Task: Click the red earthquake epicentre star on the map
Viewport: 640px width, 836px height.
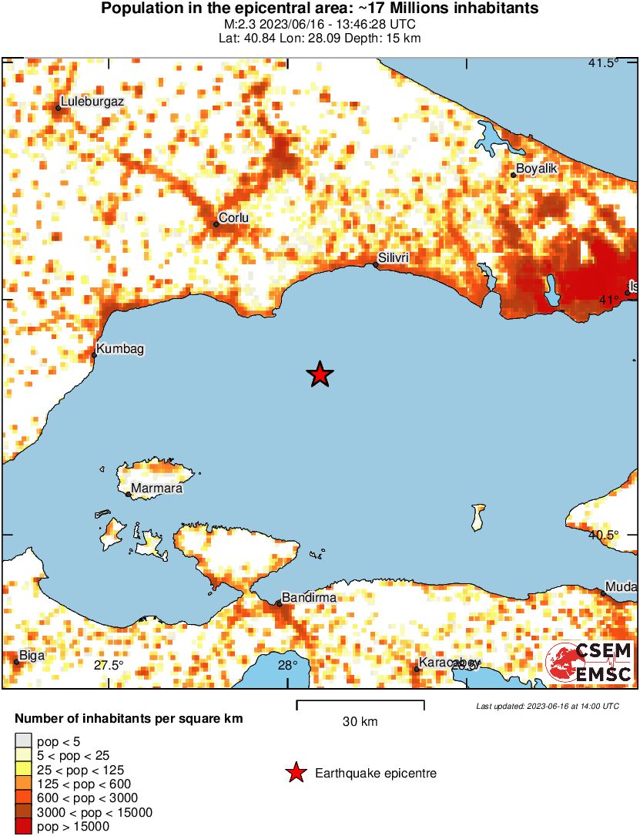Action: tap(320, 375)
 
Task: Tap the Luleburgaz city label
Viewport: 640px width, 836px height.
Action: tap(92, 101)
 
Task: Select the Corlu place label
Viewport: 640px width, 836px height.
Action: tap(233, 218)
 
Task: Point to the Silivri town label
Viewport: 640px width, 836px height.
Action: tap(393, 257)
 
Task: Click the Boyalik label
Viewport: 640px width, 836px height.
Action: tap(535, 168)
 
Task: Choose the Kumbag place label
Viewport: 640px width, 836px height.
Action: tap(119, 348)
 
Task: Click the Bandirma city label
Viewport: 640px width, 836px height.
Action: tap(307, 597)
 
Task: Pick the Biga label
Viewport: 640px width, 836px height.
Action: tap(32, 656)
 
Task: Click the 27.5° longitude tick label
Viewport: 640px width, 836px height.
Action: tap(108, 666)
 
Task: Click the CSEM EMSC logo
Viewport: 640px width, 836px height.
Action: tap(589, 663)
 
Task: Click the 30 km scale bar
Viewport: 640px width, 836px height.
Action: tap(360, 702)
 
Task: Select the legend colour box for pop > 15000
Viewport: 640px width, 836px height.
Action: tap(23, 827)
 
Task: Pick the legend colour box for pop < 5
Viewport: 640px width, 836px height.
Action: tap(23, 742)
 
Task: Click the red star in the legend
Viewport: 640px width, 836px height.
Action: tap(295, 774)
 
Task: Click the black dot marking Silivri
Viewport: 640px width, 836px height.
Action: tap(376, 265)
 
